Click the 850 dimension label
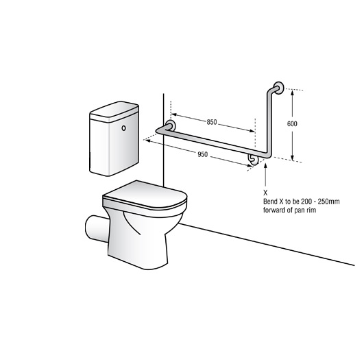[x=212, y=122]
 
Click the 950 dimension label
[x=203, y=154]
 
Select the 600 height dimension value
[x=292, y=123]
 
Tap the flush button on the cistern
[x=123, y=128]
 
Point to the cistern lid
[x=114, y=112]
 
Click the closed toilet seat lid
[x=145, y=195]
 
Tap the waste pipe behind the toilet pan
[x=97, y=228]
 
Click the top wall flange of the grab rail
[x=279, y=88]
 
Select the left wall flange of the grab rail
[x=171, y=126]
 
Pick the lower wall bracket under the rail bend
[x=253, y=159]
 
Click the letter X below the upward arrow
[x=265, y=193]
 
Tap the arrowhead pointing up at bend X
[x=265, y=166]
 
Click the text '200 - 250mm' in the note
[x=320, y=202]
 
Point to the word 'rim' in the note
[x=311, y=210]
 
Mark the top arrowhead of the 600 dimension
[x=293, y=93]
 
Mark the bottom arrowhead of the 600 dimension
[x=293, y=158]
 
